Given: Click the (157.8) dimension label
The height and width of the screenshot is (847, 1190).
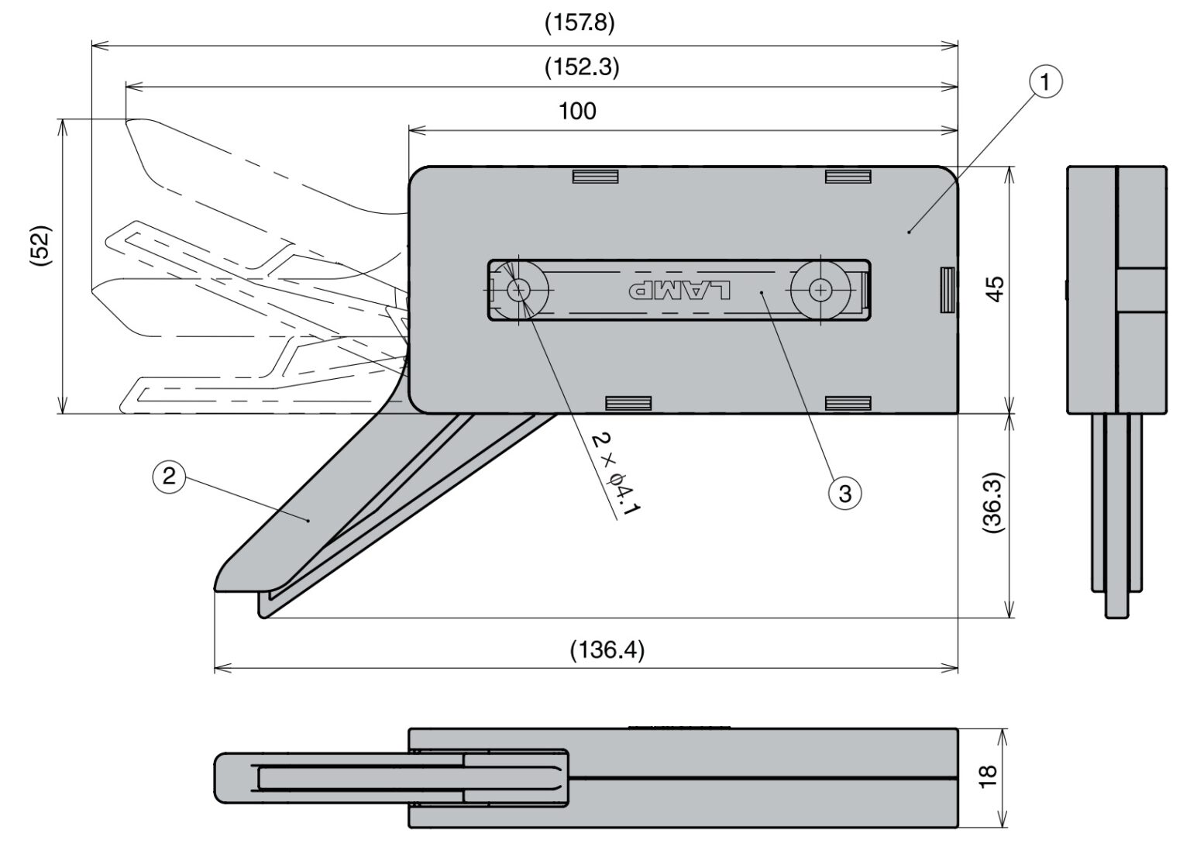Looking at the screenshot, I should coord(580,23).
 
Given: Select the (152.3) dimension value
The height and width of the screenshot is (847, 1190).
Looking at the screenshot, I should coord(582,67).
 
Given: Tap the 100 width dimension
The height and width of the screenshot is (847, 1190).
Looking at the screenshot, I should coord(578,112).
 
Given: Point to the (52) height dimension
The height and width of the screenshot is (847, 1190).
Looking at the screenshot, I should coord(40,246).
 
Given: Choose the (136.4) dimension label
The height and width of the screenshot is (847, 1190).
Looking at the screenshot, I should coord(607,649).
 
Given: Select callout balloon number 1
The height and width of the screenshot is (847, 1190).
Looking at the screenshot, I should coord(1045,81).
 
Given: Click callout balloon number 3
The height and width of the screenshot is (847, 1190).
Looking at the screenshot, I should coord(844,493).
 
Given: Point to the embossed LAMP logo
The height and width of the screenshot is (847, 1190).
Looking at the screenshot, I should coord(679,291).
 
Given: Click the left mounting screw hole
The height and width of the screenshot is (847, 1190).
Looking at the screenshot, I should coord(518,291).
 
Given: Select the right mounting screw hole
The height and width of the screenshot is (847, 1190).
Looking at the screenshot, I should coord(820,291).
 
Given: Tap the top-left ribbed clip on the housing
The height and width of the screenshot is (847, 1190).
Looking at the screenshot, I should coord(595,177).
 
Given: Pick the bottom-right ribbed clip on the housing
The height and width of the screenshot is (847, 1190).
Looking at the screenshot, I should coord(848,403).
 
